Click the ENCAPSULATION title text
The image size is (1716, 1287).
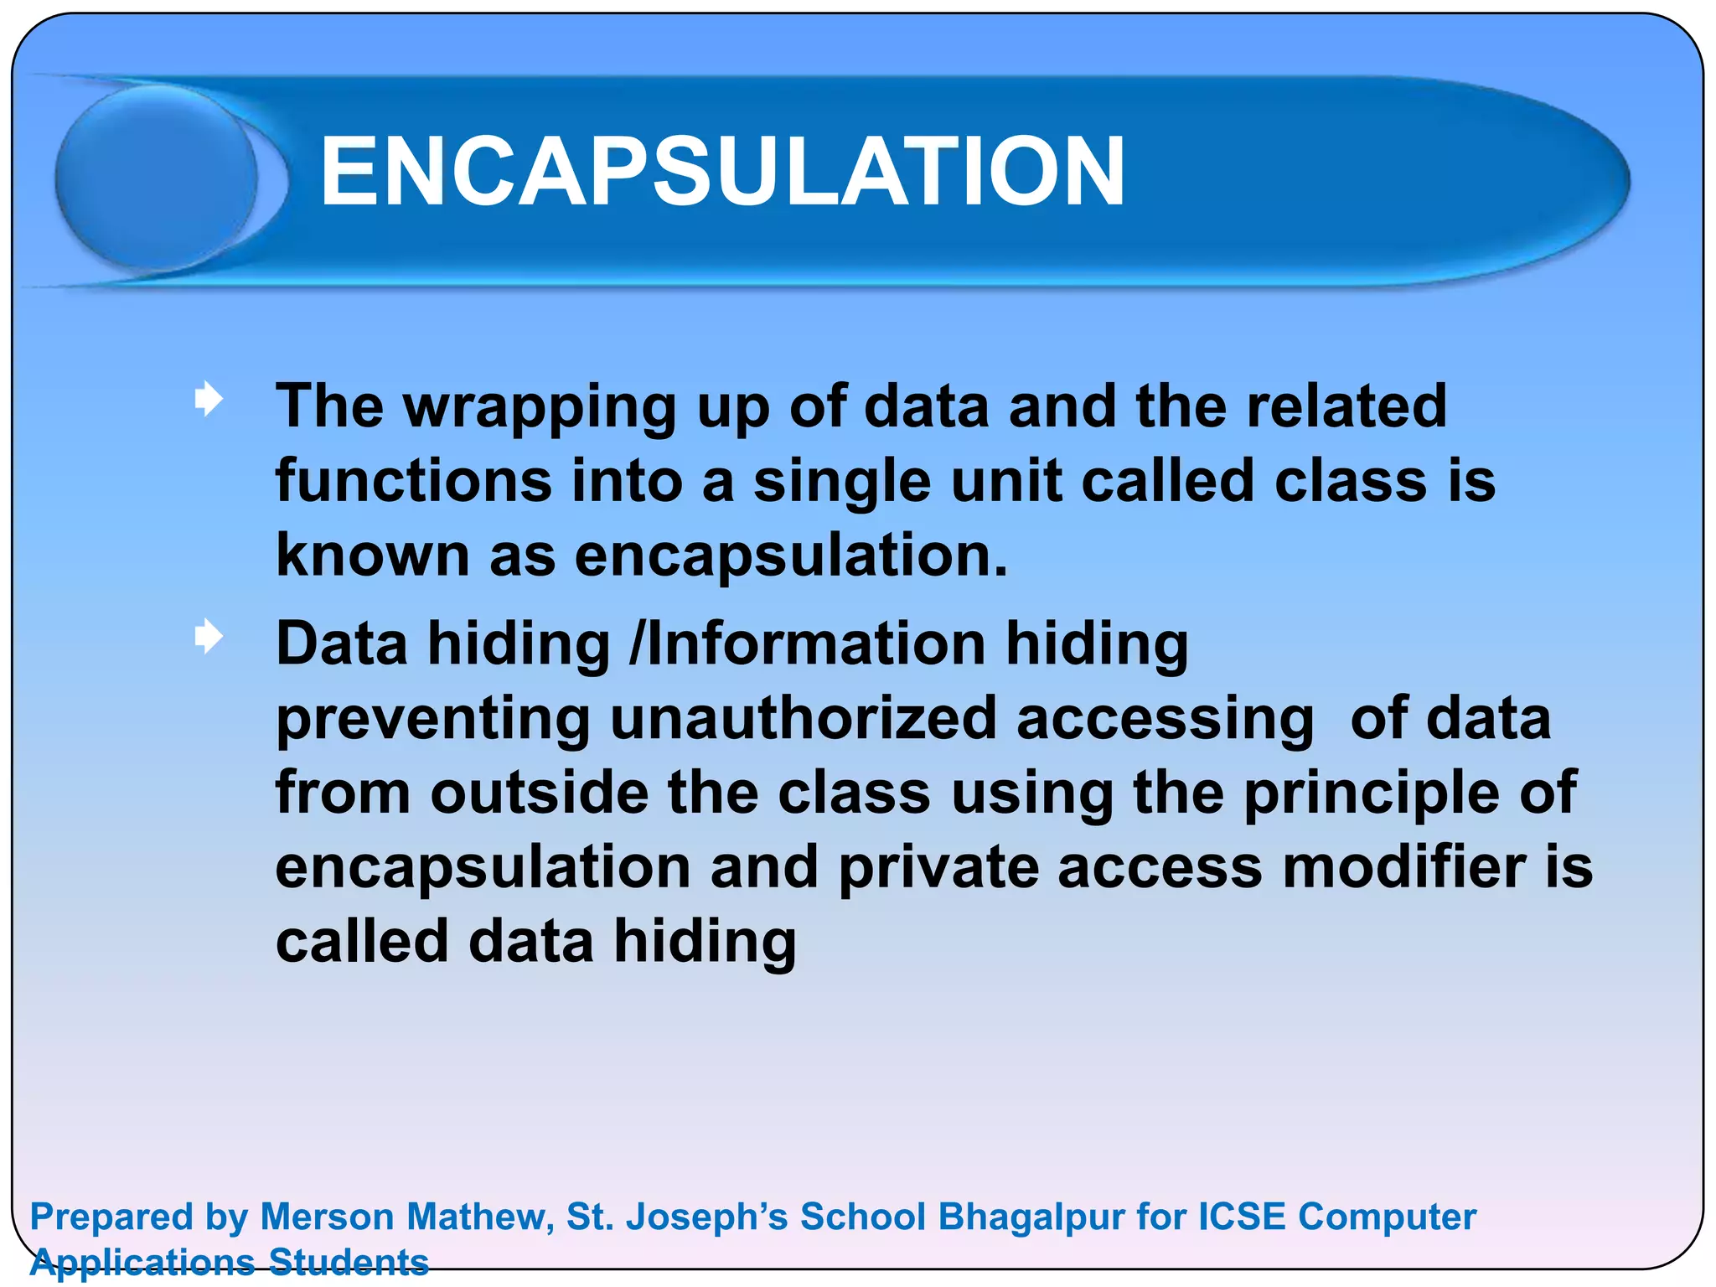[722, 172]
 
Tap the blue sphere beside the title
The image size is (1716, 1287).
[157, 178]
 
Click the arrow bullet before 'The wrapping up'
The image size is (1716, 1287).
[209, 399]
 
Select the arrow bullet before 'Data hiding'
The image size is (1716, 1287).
[209, 637]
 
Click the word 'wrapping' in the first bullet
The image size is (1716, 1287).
[540, 408]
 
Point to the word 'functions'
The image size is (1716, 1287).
[414, 481]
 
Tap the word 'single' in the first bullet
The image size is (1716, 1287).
[841, 483]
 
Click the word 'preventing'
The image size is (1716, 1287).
[432, 720]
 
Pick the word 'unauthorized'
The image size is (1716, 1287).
[803, 718]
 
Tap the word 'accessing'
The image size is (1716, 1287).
[1165, 720]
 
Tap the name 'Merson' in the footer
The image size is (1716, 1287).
[328, 1217]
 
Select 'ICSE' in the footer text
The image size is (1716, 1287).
[1242, 1217]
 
